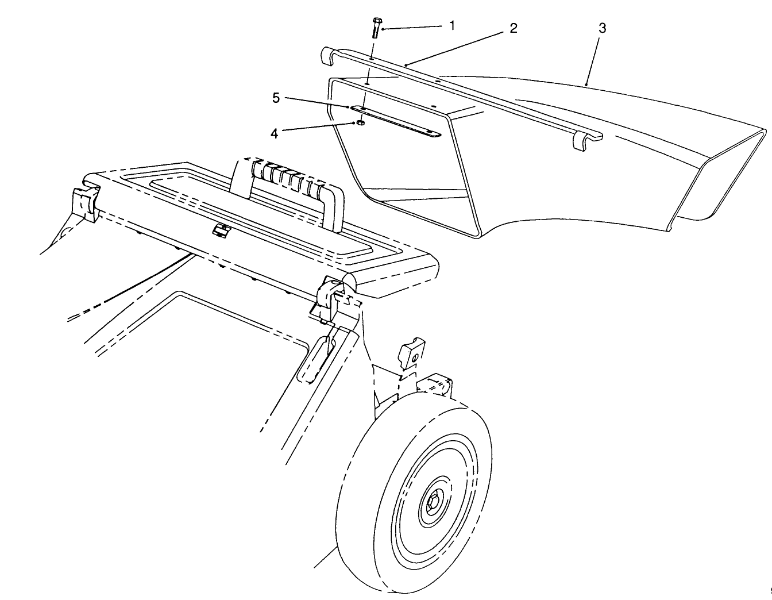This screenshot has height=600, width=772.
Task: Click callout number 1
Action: [x=452, y=25]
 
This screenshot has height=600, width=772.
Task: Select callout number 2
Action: [x=513, y=28]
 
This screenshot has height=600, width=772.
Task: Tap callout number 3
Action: [x=601, y=28]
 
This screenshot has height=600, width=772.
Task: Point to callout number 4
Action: [x=275, y=133]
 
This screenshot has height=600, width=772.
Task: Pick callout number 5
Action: [x=276, y=98]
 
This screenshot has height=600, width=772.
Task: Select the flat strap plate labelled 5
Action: [x=396, y=121]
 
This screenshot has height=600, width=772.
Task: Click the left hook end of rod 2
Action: [x=326, y=56]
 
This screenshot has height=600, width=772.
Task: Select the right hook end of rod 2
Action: [x=583, y=141]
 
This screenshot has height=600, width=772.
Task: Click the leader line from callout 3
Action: [x=593, y=57]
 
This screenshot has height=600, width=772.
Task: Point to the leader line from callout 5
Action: [x=316, y=102]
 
